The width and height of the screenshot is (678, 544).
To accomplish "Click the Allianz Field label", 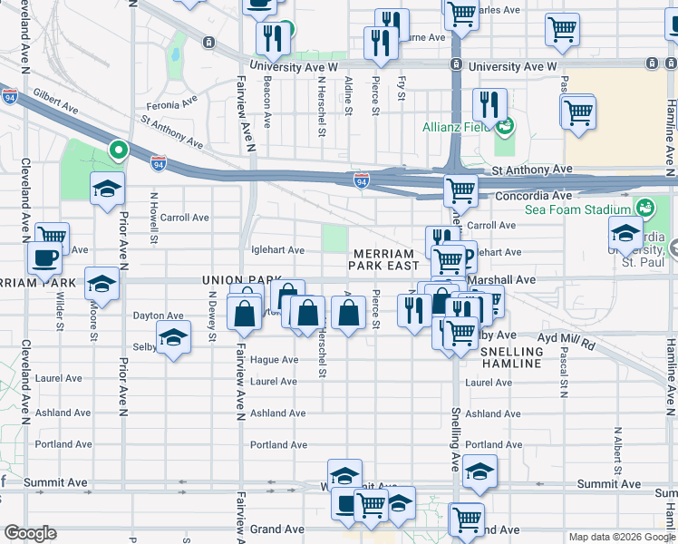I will [x=457, y=127].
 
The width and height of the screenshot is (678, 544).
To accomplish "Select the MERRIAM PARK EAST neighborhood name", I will [x=385, y=259].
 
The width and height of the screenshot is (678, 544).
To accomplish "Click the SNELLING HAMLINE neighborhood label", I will [x=510, y=357].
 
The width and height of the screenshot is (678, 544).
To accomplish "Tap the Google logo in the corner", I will [x=30, y=533].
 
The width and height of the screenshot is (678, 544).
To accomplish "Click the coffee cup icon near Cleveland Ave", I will [x=44, y=258].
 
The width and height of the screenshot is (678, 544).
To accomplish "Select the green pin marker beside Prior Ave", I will [x=117, y=151].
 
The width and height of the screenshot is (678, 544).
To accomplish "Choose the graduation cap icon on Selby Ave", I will [x=173, y=338].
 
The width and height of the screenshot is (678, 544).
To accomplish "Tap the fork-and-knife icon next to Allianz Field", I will [x=489, y=104].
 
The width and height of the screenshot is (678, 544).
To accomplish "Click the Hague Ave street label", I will [x=275, y=360].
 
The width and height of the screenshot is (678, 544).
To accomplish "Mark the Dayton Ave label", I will [x=158, y=316].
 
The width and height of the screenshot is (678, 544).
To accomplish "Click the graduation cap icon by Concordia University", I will [x=625, y=232].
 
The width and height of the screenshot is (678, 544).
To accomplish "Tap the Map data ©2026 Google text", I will [x=621, y=537].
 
